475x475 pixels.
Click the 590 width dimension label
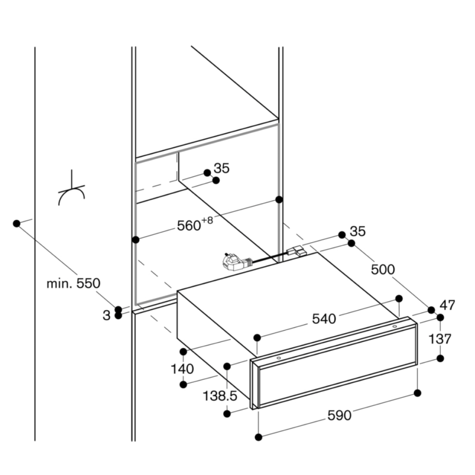pyautogui.click(x=339, y=415)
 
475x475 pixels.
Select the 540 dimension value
pyautogui.click(x=325, y=318)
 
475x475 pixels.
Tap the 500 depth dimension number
pyautogui.click(x=382, y=269)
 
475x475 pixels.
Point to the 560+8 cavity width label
pyautogui.click(x=194, y=225)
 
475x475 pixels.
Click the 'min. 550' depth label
pyautogui.click(x=74, y=284)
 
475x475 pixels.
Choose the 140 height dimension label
pyautogui.click(x=182, y=369)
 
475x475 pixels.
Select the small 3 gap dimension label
pyautogui.click(x=106, y=314)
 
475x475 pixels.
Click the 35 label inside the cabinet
pyautogui.click(x=221, y=168)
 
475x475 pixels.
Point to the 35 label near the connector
pyautogui.click(x=358, y=231)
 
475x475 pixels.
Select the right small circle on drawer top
pyautogui.click(x=394, y=326)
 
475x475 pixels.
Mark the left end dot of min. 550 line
pyautogui.click(x=17, y=223)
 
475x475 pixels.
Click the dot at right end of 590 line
pyautogui.click(x=418, y=393)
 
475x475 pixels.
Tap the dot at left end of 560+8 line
pyautogui.click(x=136, y=240)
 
